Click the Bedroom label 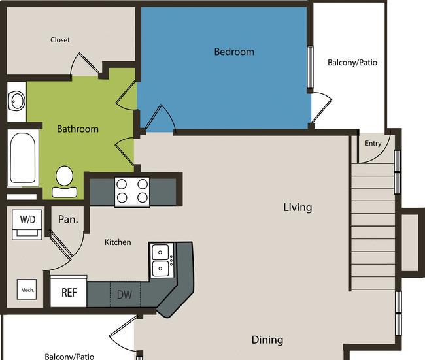(234, 52)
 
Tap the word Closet (60, 40)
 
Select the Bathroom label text (78, 129)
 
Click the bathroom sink (17, 101)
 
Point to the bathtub (23, 157)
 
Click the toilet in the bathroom (65, 182)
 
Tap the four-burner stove (132, 191)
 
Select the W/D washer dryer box (27, 225)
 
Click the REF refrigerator (69, 291)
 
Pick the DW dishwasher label (125, 295)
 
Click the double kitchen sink (161, 261)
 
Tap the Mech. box (27, 289)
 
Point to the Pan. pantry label (68, 220)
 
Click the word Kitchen (118, 242)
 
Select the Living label (297, 208)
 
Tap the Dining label (267, 340)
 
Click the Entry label (373, 143)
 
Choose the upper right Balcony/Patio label (352, 63)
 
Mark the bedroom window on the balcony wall (310, 67)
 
